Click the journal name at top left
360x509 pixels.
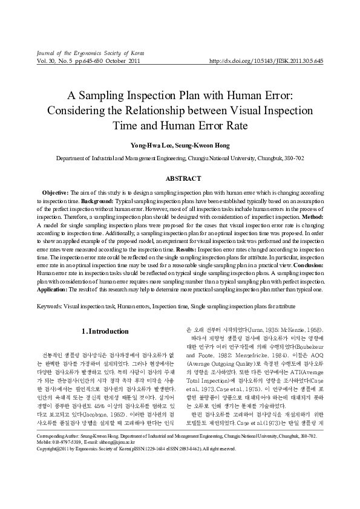[91, 53]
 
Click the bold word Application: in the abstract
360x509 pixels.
[54, 288]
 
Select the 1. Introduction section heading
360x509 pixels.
[104, 331]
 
